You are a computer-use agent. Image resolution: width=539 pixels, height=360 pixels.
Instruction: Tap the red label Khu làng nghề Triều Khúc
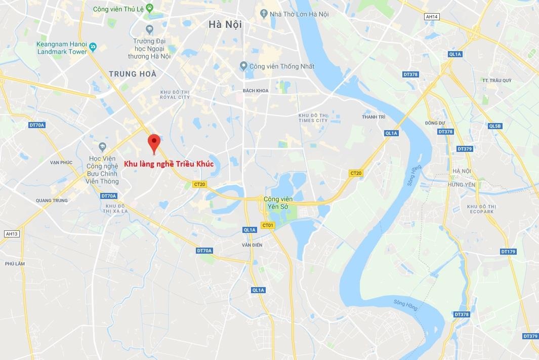(169, 165)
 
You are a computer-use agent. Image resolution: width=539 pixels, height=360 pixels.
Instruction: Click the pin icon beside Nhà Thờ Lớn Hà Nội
(263, 13)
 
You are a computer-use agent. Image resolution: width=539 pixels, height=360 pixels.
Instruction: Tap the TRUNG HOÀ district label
(133, 74)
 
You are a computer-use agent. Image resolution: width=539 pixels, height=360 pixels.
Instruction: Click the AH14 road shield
(432, 17)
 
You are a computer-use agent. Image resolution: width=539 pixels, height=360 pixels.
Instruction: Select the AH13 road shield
(11, 234)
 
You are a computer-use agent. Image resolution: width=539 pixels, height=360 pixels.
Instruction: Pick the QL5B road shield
(494, 126)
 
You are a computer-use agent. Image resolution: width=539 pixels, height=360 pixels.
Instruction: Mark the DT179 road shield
(508, 252)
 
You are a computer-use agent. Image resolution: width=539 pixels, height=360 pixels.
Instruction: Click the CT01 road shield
(267, 225)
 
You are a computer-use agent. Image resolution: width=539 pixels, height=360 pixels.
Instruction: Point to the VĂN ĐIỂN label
(252, 245)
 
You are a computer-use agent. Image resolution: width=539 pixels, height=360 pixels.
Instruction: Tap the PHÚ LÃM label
(15, 264)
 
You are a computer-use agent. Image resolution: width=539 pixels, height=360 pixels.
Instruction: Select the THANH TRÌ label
(374, 117)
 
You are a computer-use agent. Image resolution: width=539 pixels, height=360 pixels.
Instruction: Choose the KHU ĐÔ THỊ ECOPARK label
(480, 209)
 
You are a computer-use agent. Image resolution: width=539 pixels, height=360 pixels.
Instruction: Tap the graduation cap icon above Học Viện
(102, 147)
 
